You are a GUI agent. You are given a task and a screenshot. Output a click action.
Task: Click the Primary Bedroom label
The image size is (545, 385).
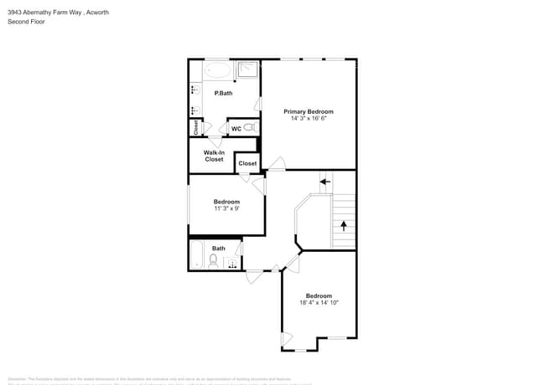coord(308,111)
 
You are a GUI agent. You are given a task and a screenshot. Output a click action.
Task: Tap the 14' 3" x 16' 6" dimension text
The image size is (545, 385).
coord(308,119)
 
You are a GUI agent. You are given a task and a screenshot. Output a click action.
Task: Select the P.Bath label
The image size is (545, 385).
coord(223,93)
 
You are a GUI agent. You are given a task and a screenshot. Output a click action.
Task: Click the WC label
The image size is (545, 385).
coord(236,129)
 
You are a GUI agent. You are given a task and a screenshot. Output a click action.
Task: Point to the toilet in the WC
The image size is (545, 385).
coord(249,128)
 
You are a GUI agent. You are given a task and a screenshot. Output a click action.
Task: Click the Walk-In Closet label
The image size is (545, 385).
coord(214,156)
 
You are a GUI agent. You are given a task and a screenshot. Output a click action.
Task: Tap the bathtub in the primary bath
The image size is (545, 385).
coord(218,69)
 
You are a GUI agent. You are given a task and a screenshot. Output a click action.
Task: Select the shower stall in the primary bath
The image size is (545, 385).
coord(248,69)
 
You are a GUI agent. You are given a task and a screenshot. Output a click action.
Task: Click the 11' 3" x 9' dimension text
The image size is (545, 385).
coord(226,208)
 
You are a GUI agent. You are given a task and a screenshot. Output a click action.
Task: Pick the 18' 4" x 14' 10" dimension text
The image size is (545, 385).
coord(319,302)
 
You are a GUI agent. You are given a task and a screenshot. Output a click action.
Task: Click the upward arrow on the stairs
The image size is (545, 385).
coord(343,225)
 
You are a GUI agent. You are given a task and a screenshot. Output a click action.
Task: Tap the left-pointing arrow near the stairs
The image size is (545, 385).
coord(325,180)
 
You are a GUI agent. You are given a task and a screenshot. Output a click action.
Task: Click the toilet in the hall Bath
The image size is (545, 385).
coord(213,262)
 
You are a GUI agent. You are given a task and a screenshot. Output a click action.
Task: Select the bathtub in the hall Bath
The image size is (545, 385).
coord(196,254)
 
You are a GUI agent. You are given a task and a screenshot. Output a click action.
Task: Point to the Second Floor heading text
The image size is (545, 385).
coord(26,22)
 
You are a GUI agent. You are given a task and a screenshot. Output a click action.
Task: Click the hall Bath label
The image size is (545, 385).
coord(218,249)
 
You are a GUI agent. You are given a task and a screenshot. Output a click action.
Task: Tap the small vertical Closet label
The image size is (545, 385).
coord(195,127)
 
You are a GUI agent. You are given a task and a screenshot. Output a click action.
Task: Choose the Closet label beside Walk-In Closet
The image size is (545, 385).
coord(247,163)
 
